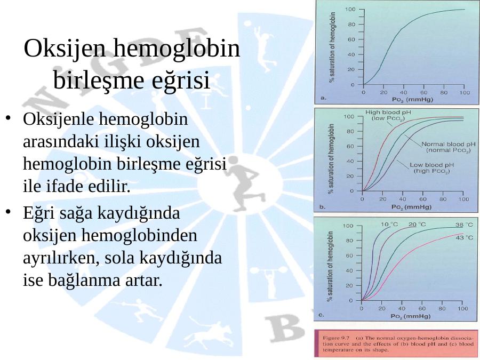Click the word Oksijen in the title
(x=66, y=49)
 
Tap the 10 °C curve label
(x=389, y=225)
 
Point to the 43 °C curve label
(x=465, y=237)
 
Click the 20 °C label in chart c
(x=417, y=225)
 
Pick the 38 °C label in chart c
(x=464, y=225)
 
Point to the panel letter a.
(x=323, y=98)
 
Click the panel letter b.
(x=322, y=207)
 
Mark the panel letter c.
(x=322, y=315)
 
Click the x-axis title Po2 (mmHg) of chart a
(x=412, y=100)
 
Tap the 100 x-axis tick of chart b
(x=463, y=199)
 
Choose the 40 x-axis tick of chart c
(x=402, y=309)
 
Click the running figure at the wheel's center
(x=244, y=183)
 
